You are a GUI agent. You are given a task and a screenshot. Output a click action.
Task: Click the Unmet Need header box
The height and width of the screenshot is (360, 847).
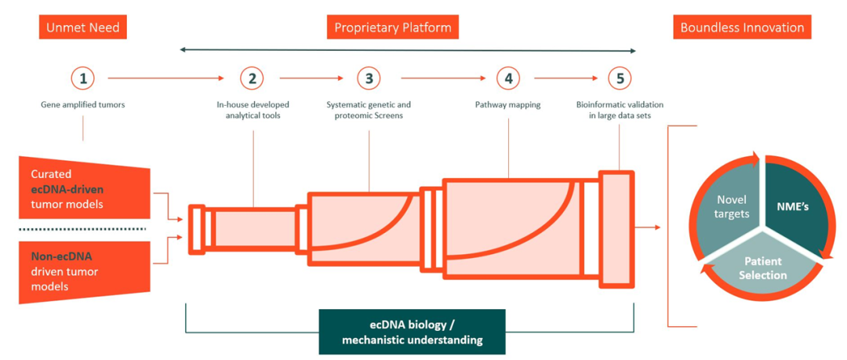82,27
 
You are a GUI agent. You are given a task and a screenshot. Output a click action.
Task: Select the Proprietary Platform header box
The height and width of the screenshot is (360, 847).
393,27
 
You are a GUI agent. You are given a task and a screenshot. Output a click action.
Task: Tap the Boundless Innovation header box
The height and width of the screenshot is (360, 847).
742,27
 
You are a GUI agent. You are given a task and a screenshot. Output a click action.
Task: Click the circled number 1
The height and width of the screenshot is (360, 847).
83,78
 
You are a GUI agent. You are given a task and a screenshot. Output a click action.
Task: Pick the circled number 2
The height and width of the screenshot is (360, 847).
252,78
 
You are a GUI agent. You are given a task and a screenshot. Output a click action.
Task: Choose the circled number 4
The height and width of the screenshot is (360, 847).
508,78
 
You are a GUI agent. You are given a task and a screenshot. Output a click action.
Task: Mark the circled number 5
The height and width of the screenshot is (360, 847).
619,78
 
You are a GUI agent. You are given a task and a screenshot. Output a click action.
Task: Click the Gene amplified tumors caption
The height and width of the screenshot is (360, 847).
83,104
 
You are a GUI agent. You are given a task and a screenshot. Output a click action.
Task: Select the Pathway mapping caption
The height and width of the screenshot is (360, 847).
508,104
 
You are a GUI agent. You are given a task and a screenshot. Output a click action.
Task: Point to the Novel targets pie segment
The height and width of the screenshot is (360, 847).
722,209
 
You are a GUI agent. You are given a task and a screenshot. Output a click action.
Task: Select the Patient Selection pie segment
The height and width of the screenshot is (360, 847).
762,268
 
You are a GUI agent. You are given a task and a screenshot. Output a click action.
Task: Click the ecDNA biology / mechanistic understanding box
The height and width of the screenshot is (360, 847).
412,332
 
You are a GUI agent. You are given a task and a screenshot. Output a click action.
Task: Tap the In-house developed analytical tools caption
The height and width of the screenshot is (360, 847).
253,110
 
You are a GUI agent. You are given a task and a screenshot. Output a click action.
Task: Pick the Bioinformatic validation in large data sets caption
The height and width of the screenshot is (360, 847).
620,110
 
